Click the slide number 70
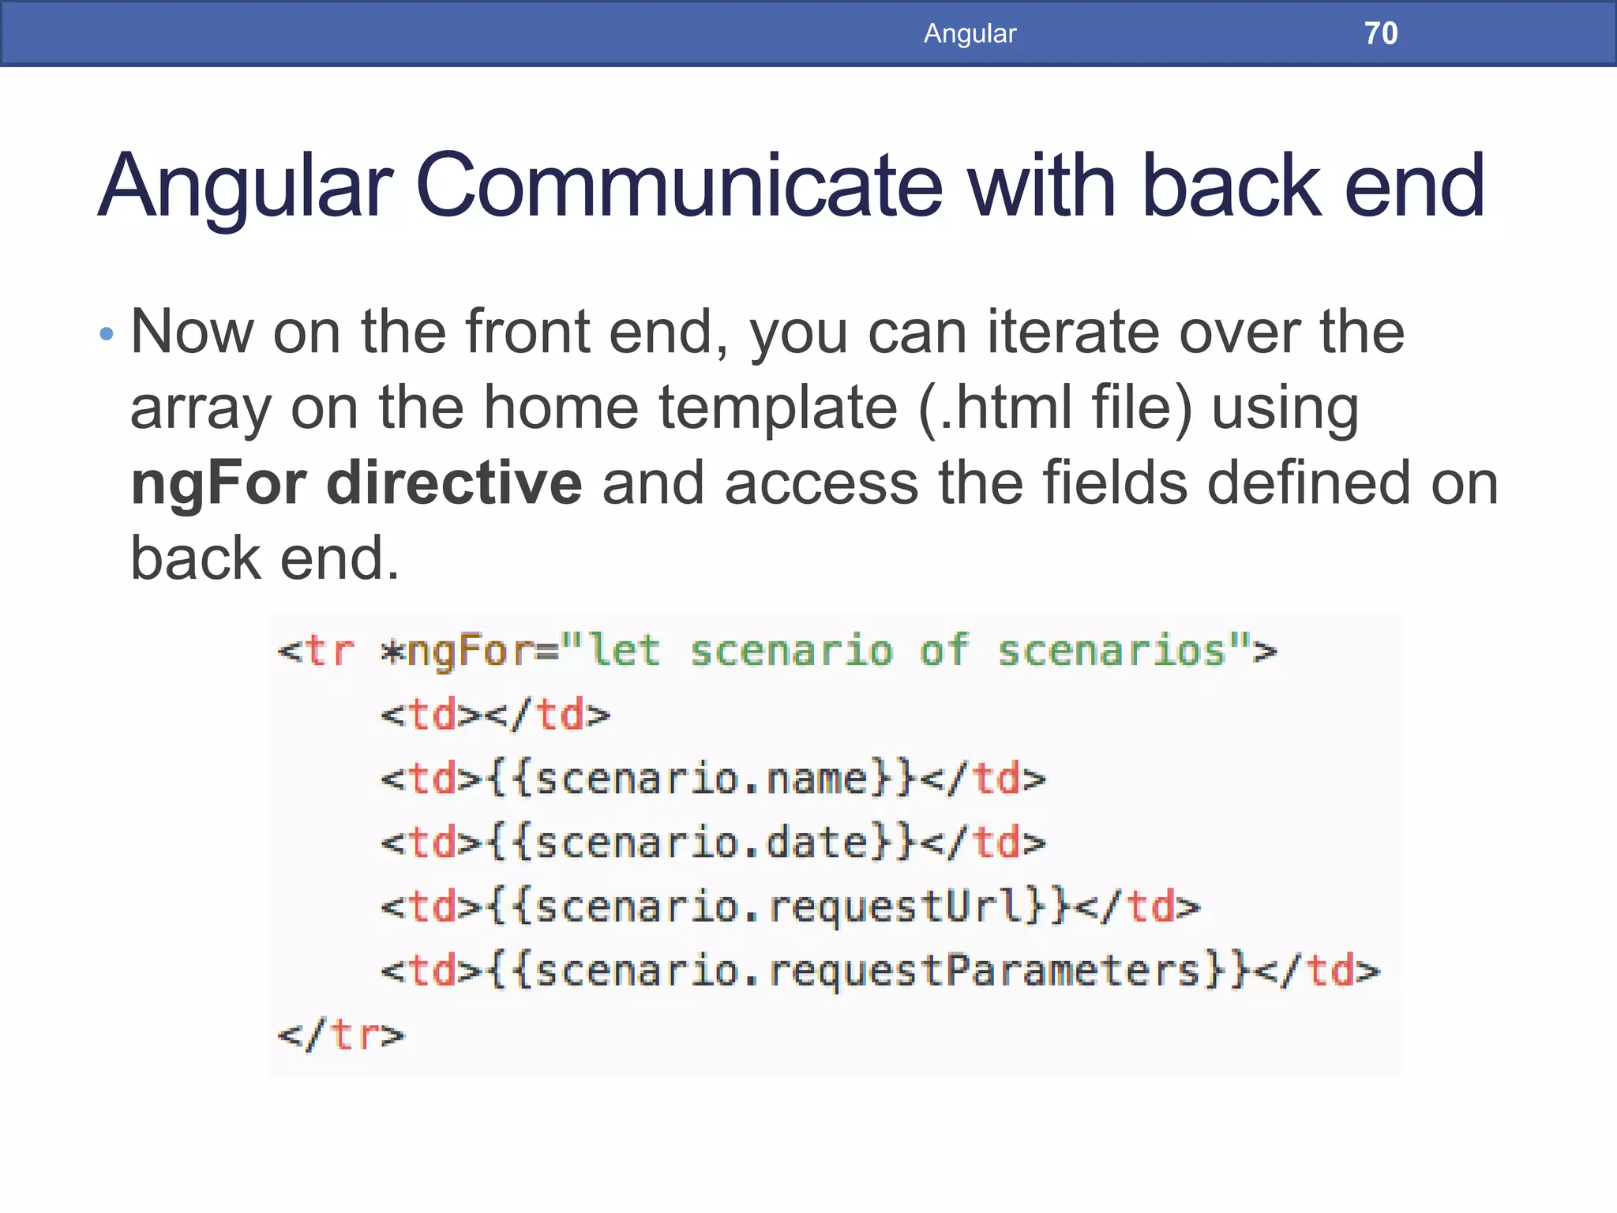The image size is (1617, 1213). pyautogui.click(x=1380, y=33)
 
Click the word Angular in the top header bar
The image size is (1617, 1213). pyautogui.click(x=970, y=33)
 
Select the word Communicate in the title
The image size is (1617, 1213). pyautogui.click(x=678, y=186)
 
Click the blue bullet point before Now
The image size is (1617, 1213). pyautogui.click(x=107, y=334)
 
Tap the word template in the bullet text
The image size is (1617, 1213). pyautogui.click(x=778, y=408)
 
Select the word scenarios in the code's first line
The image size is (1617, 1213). pyautogui.click(x=1112, y=652)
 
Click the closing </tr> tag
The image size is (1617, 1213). pyautogui.click(x=341, y=1035)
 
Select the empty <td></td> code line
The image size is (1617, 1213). pyautogui.click(x=496, y=715)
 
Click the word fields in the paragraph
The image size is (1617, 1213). pyautogui.click(x=1114, y=483)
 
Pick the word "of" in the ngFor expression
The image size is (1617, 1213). pyautogui.click(x=944, y=652)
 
